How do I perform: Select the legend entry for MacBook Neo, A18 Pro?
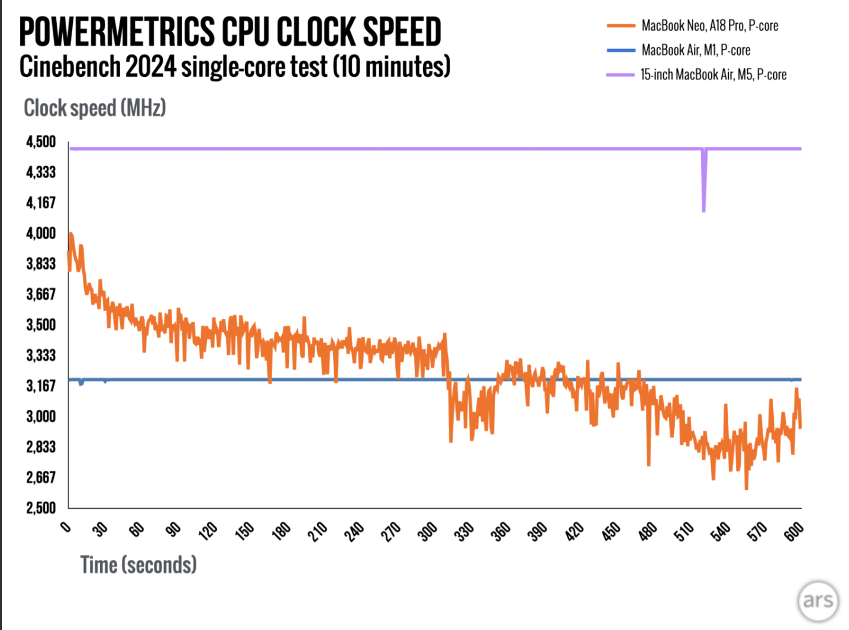(709, 26)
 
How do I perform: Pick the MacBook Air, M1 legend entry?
(696, 50)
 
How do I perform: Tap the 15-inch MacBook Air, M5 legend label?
(713, 75)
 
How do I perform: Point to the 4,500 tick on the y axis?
(41, 142)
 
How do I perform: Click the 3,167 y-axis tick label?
(41, 386)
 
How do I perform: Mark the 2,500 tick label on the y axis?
(41, 508)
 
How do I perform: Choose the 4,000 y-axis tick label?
(41, 233)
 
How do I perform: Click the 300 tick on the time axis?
(427, 531)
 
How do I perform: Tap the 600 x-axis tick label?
(793, 531)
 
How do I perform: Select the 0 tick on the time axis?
(66, 526)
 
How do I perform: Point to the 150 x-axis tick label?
(244, 531)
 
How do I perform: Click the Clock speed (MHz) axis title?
(95, 108)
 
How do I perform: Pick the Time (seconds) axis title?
(138, 565)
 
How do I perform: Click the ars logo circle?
(818, 601)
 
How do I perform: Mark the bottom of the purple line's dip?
(703, 209)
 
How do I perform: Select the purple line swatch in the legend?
(620, 75)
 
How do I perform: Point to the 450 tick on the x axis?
(611, 531)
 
